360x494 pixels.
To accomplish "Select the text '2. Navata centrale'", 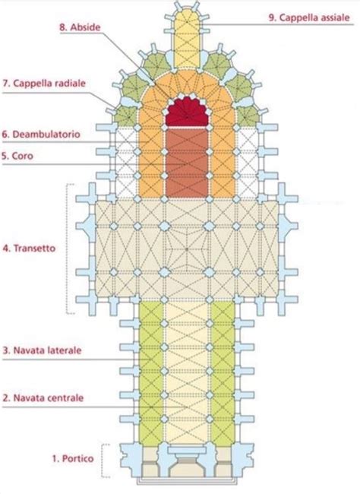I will (43, 397).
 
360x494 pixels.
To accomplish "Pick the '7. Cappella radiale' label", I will (46, 81).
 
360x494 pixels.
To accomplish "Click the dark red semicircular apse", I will (186, 112).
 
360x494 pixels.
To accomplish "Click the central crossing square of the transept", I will (186, 248).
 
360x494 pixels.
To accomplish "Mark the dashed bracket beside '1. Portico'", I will (107, 461).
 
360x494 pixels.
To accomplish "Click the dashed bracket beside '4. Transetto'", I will (70, 249).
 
